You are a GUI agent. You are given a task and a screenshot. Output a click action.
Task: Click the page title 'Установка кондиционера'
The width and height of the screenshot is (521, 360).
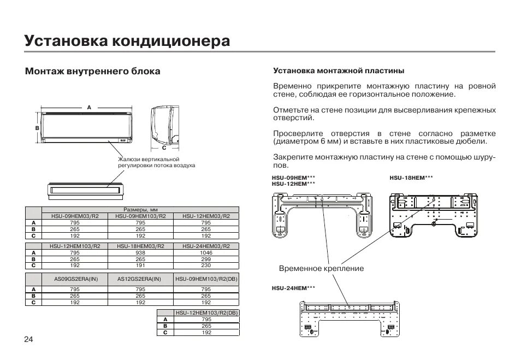click(127, 41)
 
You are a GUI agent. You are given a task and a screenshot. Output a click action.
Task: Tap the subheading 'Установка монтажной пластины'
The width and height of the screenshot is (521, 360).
click(338, 71)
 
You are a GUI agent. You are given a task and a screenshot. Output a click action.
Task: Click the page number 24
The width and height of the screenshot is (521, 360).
click(28, 339)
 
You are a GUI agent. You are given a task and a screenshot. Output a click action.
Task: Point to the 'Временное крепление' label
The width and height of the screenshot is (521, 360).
click(321, 269)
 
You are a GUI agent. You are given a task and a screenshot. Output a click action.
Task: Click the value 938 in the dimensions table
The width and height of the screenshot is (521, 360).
click(140, 253)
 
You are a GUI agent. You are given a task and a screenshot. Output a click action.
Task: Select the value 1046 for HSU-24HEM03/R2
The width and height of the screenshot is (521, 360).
click(206, 253)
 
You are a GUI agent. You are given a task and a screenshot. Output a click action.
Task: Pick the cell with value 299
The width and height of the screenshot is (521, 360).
click(206, 259)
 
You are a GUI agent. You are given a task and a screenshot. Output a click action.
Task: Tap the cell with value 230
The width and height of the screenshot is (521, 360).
click(206, 265)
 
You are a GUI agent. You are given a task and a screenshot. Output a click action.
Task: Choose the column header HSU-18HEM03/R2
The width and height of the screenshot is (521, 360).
click(140, 246)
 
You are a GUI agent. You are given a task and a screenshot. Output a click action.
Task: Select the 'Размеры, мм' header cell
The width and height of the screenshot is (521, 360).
click(140, 210)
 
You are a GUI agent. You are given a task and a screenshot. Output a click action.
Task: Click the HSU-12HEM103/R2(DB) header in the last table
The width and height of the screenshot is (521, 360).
click(206, 312)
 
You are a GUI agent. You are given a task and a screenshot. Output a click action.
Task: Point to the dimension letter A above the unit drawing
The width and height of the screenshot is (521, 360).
click(88, 108)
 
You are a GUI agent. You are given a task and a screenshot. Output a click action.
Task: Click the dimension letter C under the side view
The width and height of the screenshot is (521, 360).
click(164, 148)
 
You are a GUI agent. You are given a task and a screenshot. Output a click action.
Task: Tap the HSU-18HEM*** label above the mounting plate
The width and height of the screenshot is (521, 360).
click(411, 178)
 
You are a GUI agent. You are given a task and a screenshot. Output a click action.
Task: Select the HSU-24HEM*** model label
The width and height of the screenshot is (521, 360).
click(293, 287)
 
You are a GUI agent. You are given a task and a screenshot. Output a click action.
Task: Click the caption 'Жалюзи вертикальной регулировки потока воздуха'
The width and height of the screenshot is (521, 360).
click(156, 162)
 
